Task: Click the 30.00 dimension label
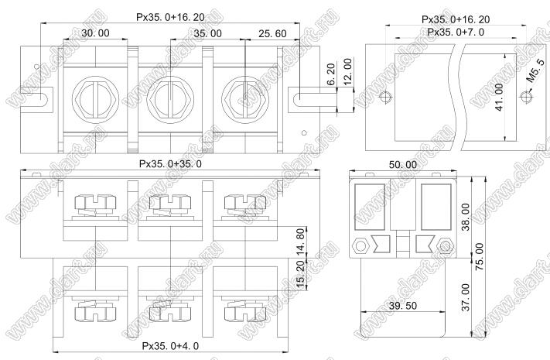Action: click(x=95, y=33)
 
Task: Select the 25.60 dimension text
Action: click(x=272, y=34)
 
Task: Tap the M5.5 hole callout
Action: click(x=535, y=71)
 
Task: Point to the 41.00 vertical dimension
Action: click(x=499, y=97)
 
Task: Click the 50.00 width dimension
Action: click(x=403, y=165)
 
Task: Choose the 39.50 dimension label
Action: click(x=403, y=306)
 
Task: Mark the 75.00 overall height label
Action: click(x=479, y=256)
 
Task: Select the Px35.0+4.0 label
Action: click(x=170, y=346)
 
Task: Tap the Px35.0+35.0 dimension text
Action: click(x=170, y=164)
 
